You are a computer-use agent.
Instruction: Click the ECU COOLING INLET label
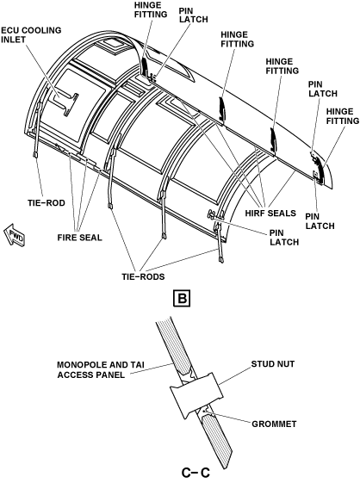[31, 34]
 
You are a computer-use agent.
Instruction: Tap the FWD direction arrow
[15, 235]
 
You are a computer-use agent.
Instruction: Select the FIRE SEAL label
[79, 238]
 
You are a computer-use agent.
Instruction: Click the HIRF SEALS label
[270, 214]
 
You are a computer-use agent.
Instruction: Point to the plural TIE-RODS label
[143, 276]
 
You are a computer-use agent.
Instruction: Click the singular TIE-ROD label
[47, 203]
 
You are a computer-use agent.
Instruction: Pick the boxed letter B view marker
[183, 298]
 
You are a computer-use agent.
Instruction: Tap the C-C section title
[196, 472]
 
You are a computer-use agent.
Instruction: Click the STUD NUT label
[273, 364]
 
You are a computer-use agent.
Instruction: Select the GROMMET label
[274, 424]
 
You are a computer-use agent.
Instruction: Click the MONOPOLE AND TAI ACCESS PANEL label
[101, 369]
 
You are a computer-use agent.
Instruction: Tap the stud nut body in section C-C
[196, 393]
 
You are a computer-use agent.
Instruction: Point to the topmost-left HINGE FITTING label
[151, 9]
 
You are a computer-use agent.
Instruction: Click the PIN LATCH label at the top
[194, 15]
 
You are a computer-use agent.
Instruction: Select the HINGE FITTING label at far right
[343, 116]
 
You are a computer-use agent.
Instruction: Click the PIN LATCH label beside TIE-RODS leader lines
[284, 237]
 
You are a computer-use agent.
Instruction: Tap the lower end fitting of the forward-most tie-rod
[35, 154]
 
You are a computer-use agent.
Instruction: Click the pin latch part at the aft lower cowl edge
[213, 214]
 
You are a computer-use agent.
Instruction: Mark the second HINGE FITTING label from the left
[238, 39]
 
